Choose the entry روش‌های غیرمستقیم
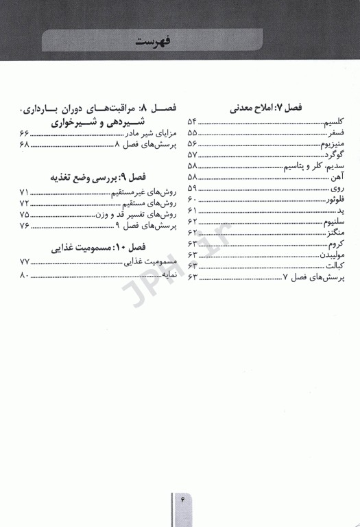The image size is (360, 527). coord(140,193)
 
